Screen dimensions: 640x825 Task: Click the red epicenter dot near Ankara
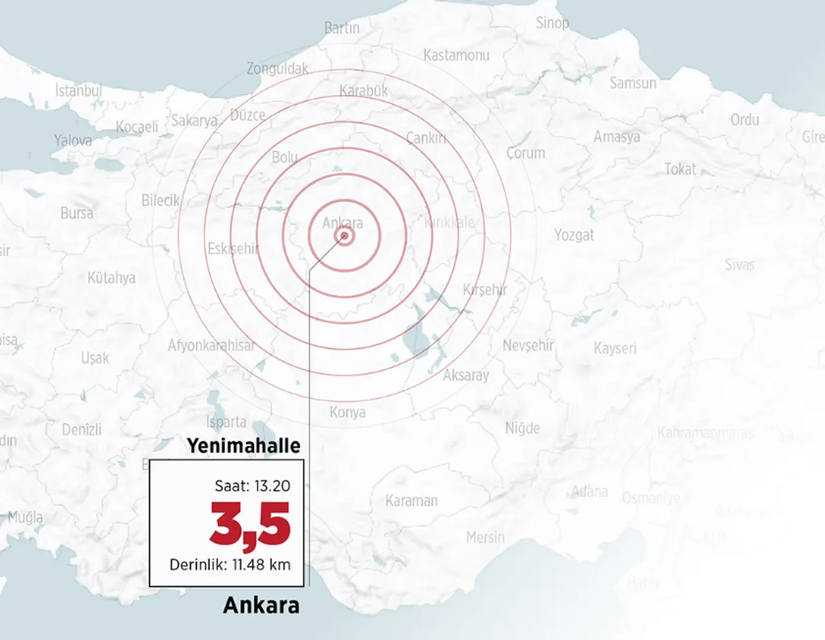click(x=345, y=237)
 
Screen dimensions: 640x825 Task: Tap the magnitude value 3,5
click(x=250, y=525)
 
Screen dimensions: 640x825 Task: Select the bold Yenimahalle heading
click(x=244, y=445)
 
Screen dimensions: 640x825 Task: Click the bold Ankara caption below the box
click(x=261, y=605)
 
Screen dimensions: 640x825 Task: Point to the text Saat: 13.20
click(x=252, y=485)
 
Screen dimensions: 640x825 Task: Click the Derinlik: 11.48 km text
click(x=229, y=565)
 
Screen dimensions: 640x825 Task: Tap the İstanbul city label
click(x=79, y=90)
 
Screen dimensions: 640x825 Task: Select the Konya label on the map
click(x=347, y=412)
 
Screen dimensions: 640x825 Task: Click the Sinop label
click(x=552, y=23)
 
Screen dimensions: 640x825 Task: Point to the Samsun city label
click(x=633, y=82)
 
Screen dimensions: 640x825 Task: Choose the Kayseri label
click(x=614, y=348)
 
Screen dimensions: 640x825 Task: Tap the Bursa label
click(x=77, y=213)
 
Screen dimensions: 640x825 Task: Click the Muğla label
click(x=26, y=517)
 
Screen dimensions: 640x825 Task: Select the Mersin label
click(x=485, y=537)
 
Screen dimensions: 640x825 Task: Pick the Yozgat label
click(x=574, y=235)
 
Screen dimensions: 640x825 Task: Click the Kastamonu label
click(x=456, y=55)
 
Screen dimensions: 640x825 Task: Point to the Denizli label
click(x=82, y=429)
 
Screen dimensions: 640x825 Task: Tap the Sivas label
click(x=739, y=264)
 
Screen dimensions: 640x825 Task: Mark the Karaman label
click(x=411, y=500)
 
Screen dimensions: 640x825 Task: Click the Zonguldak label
click(x=277, y=68)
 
